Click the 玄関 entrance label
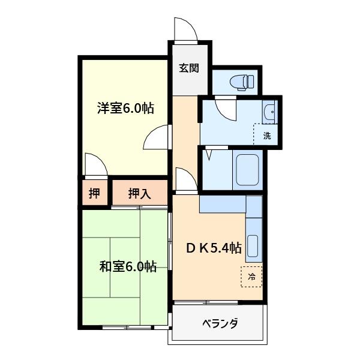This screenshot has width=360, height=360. coord(189,68)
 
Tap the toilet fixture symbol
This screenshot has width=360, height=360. coord(242,82)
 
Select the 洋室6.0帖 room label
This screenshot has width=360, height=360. coord(125,108)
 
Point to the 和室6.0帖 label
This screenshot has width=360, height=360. coord(128,266)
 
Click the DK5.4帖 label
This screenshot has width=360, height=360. coord(214,248)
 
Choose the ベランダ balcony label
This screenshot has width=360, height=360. coord(220,323)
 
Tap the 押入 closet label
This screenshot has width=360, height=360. coord(140,193)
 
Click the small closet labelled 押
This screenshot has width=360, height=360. coord(94,193)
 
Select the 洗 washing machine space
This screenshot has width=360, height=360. coord(266,134)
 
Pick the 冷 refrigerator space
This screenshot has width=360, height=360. coord(251,277)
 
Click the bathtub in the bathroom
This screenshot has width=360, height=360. coord(247,170)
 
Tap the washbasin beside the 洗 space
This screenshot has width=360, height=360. coord(270,112)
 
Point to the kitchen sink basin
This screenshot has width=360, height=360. coord(253,247)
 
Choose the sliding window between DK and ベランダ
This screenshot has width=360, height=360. coord(206,302)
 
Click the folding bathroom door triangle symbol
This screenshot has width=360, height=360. coord(208,155)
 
